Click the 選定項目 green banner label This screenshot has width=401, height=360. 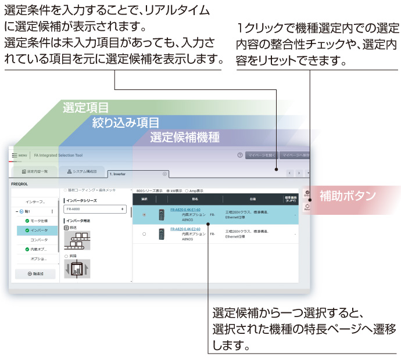pos(85,107)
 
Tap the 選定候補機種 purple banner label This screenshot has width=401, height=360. pos(185,138)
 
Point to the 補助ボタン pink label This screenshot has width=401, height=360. pos(348,196)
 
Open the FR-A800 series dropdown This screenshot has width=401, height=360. pos(95,208)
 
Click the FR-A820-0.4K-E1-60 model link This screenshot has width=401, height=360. pos(185,210)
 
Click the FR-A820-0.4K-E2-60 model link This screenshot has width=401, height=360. pos(185,229)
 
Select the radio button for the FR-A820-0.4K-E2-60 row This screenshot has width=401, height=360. pos(144,234)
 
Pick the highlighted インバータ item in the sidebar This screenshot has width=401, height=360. pos(40,231)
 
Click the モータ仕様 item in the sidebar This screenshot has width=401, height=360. pos(40,221)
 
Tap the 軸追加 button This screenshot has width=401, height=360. pos(35,273)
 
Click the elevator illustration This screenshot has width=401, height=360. pos(77,268)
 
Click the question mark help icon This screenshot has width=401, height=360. pos(239,156)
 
